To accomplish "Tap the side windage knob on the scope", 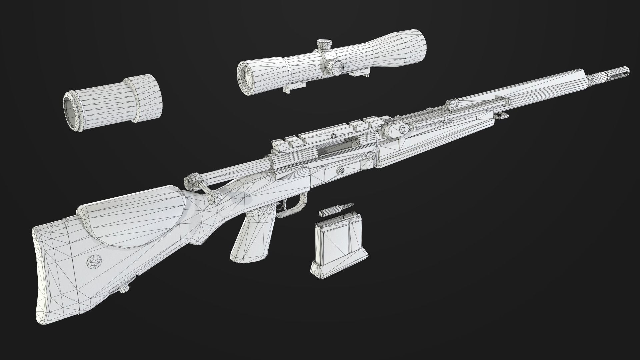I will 336,68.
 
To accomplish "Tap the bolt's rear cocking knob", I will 191,182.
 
